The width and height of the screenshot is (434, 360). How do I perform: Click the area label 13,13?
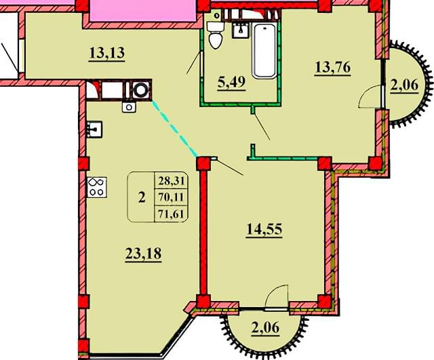click(x=107, y=54)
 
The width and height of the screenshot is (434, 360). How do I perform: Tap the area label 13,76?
click(x=333, y=68)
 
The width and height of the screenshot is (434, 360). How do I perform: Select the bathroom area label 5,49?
click(x=231, y=83)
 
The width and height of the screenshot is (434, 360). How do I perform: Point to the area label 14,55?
click(x=264, y=230)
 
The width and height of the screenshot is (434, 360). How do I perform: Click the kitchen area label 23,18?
click(x=143, y=254)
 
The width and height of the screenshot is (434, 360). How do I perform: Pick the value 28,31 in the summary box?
click(x=172, y=181)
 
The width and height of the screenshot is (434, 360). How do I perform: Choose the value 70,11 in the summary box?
click(x=172, y=197)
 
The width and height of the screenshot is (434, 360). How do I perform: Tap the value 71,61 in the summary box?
click(x=172, y=214)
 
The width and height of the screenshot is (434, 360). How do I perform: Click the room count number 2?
click(x=142, y=197)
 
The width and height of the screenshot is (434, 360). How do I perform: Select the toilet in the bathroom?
click(x=216, y=35)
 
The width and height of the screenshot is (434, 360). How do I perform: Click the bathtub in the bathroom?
click(x=264, y=51)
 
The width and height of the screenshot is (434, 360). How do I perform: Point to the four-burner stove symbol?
click(x=97, y=187)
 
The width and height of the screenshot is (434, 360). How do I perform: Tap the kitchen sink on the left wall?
click(x=94, y=129)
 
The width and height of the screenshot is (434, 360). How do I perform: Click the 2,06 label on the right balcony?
click(x=404, y=85)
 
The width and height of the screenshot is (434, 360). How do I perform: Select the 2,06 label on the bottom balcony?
click(x=265, y=328)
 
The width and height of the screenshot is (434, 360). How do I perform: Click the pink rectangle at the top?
click(x=144, y=11)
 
